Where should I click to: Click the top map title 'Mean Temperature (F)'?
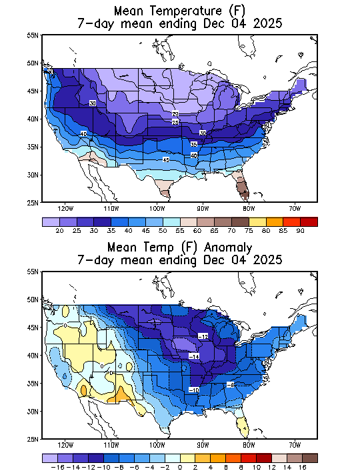coord(180,11)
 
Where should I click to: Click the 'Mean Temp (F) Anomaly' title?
coord(180,246)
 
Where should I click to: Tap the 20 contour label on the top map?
coord(175,114)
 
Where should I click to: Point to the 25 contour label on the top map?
coord(175,123)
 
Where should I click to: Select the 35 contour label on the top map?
coord(193,144)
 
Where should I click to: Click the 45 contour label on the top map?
coord(166,160)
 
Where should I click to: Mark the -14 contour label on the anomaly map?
coord(194,357)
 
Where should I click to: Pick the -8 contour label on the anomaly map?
coord(230,384)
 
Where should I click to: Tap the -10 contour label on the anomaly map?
coord(194,389)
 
